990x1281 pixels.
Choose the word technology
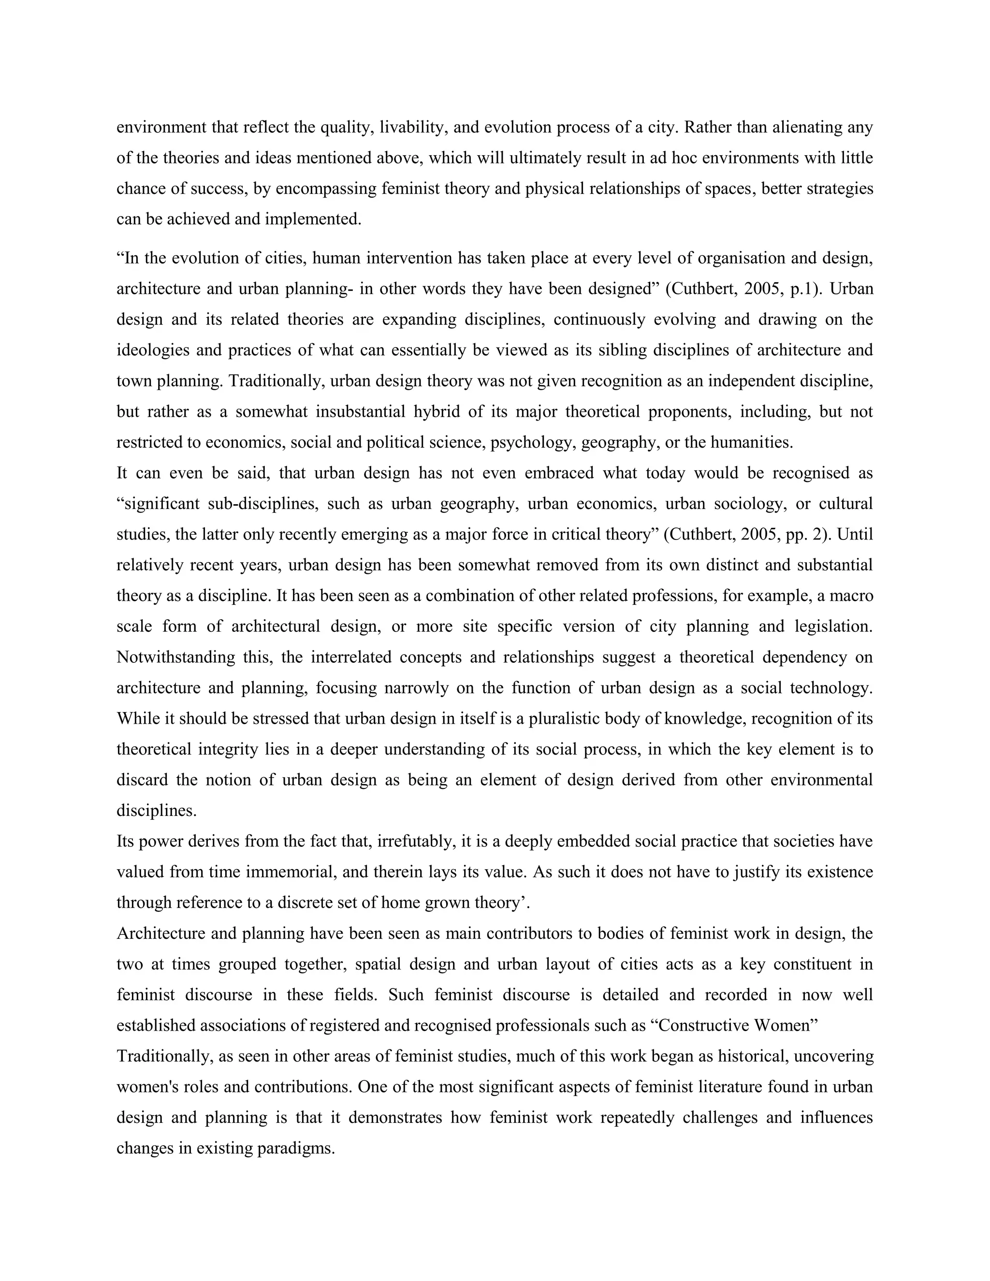coord(830,687)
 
